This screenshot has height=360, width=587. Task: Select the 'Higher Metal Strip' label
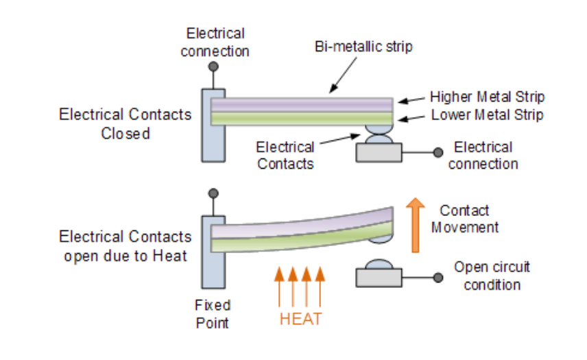[x=487, y=97]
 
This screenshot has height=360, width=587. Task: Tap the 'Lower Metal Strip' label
[x=487, y=115]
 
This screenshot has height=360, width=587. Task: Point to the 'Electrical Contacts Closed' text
[x=125, y=123]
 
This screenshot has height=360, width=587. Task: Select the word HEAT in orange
[x=300, y=319]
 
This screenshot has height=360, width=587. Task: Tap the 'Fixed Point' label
[x=213, y=313]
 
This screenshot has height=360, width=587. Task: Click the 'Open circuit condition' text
[x=492, y=276]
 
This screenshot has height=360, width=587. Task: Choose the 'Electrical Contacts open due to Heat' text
[x=125, y=247]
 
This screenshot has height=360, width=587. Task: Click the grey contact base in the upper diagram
[x=379, y=152]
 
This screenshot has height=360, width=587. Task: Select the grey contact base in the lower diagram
[x=379, y=277]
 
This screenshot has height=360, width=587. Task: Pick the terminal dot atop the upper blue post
[x=214, y=67]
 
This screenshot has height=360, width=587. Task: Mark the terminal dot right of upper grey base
[x=437, y=153]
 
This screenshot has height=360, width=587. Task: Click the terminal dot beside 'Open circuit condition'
[x=437, y=277]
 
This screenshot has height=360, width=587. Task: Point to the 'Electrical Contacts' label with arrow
[x=285, y=155]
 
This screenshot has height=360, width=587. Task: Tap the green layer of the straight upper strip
[x=302, y=118]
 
